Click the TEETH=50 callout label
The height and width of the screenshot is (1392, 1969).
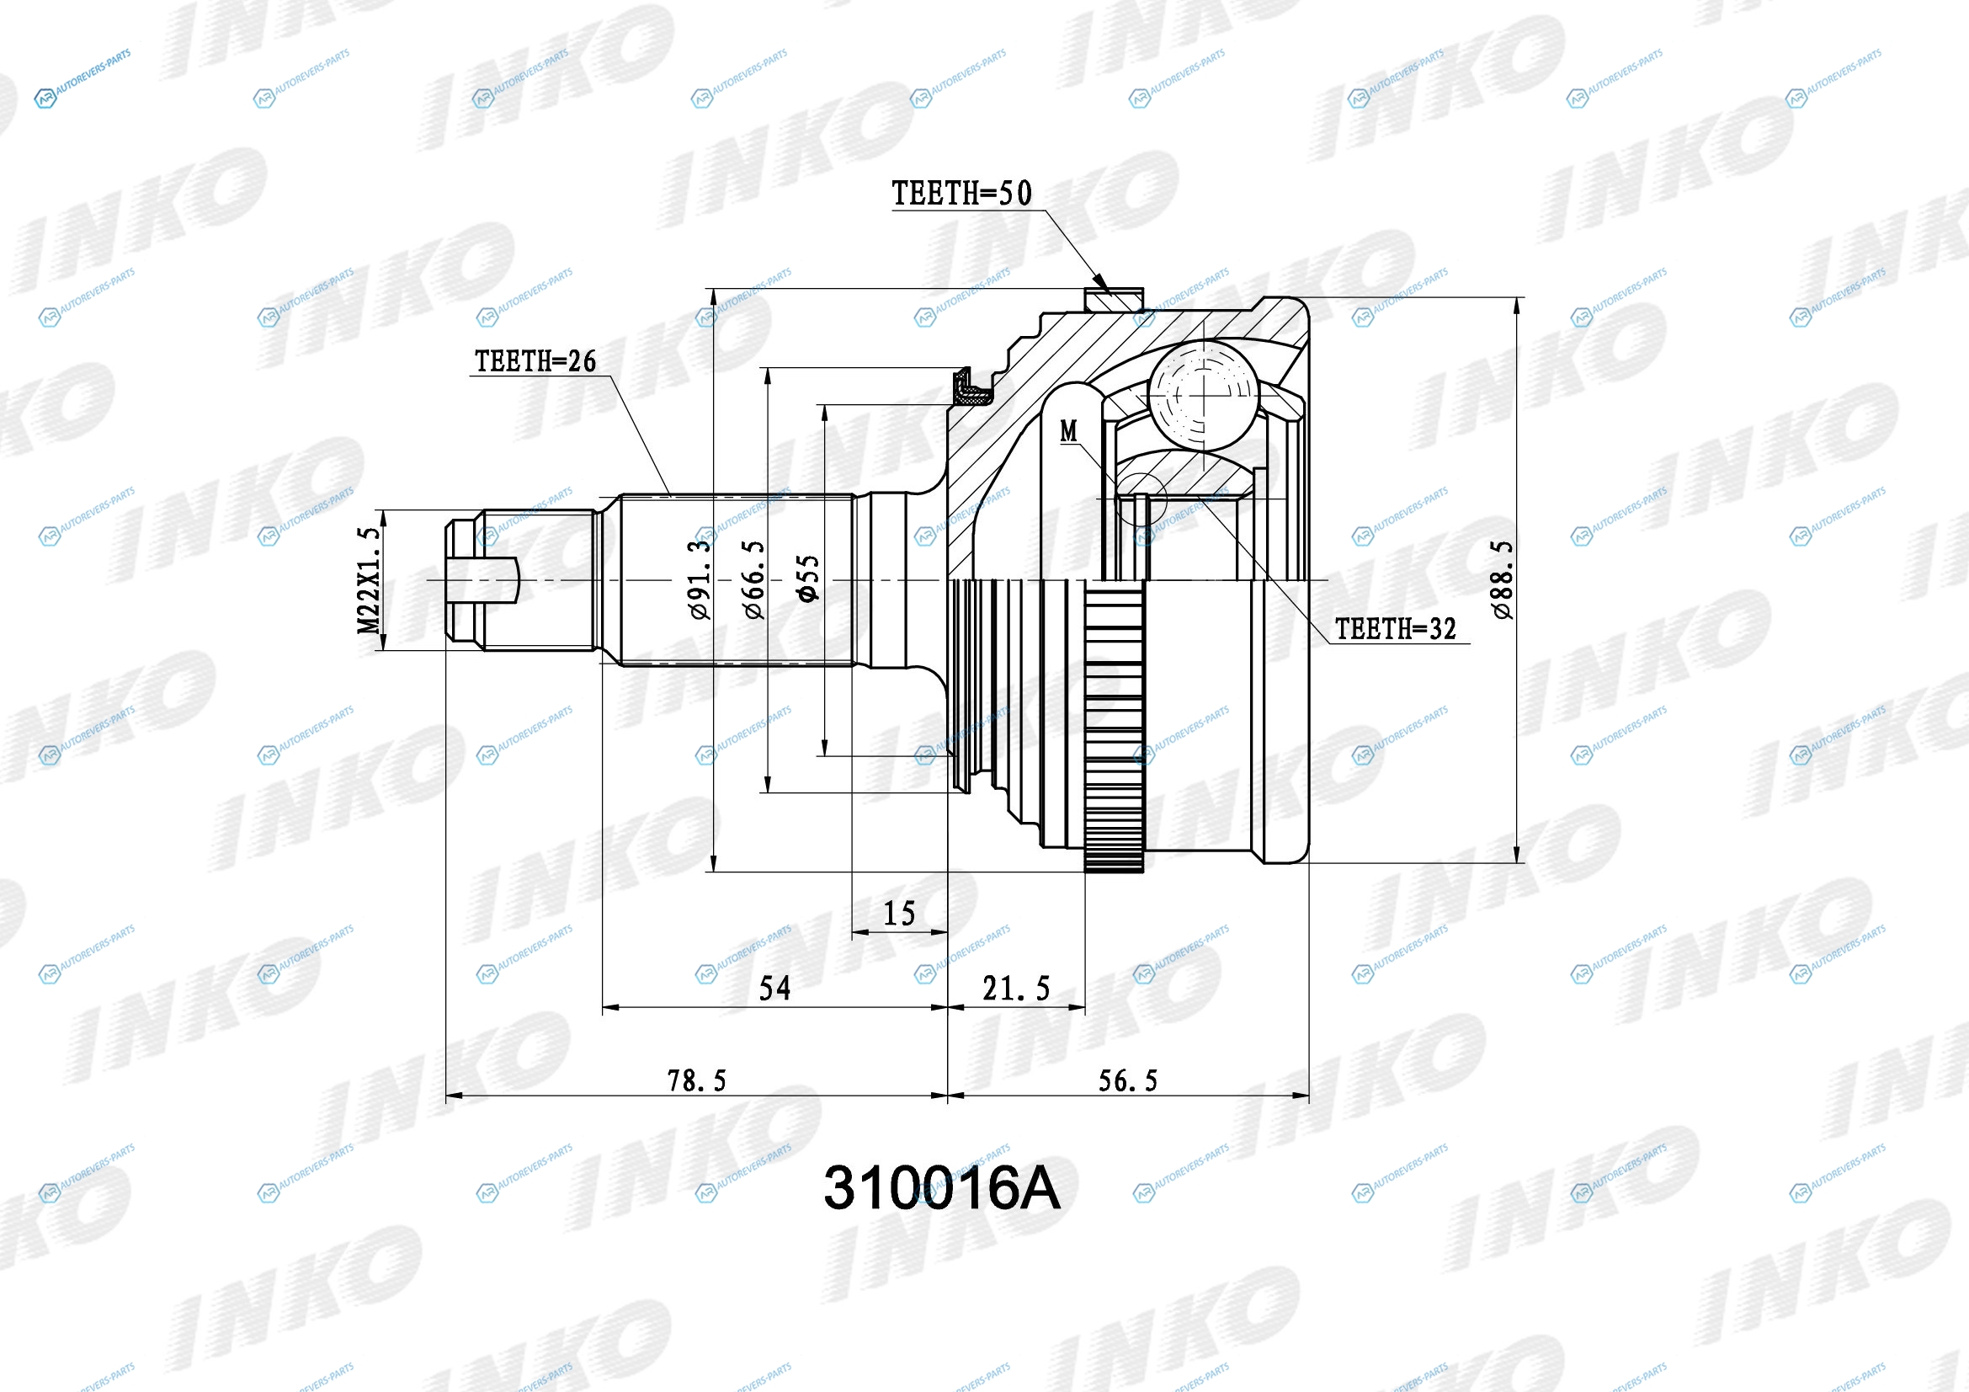(x=961, y=194)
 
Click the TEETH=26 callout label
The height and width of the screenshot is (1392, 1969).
(x=536, y=361)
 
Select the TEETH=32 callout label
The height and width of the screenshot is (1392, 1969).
(x=1395, y=629)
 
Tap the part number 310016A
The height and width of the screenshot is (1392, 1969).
(x=942, y=1189)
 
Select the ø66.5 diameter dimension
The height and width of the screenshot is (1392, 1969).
(x=752, y=579)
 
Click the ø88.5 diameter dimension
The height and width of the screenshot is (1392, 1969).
(x=1503, y=579)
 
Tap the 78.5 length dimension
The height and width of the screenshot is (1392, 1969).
(x=696, y=1080)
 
